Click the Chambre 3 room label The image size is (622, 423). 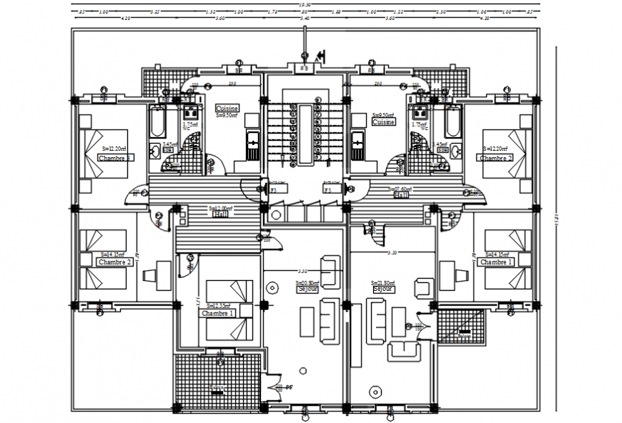(x=114, y=159)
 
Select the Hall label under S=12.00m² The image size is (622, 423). (x=219, y=214)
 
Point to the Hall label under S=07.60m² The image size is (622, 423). (x=402, y=195)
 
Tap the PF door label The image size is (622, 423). (x=289, y=387)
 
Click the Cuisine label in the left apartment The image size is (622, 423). (x=227, y=109)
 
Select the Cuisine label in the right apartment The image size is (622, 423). (x=383, y=122)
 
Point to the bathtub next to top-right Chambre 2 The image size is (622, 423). (x=453, y=124)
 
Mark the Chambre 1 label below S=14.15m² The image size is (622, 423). (x=495, y=262)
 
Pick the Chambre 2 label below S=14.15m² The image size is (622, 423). (x=114, y=262)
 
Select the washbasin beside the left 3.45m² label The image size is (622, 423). (x=154, y=151)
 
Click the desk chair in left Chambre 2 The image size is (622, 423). (x=151, y=275)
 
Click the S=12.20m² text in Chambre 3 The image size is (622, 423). (x=114, y=148)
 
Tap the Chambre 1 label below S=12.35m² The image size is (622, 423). (x=217, y=314)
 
